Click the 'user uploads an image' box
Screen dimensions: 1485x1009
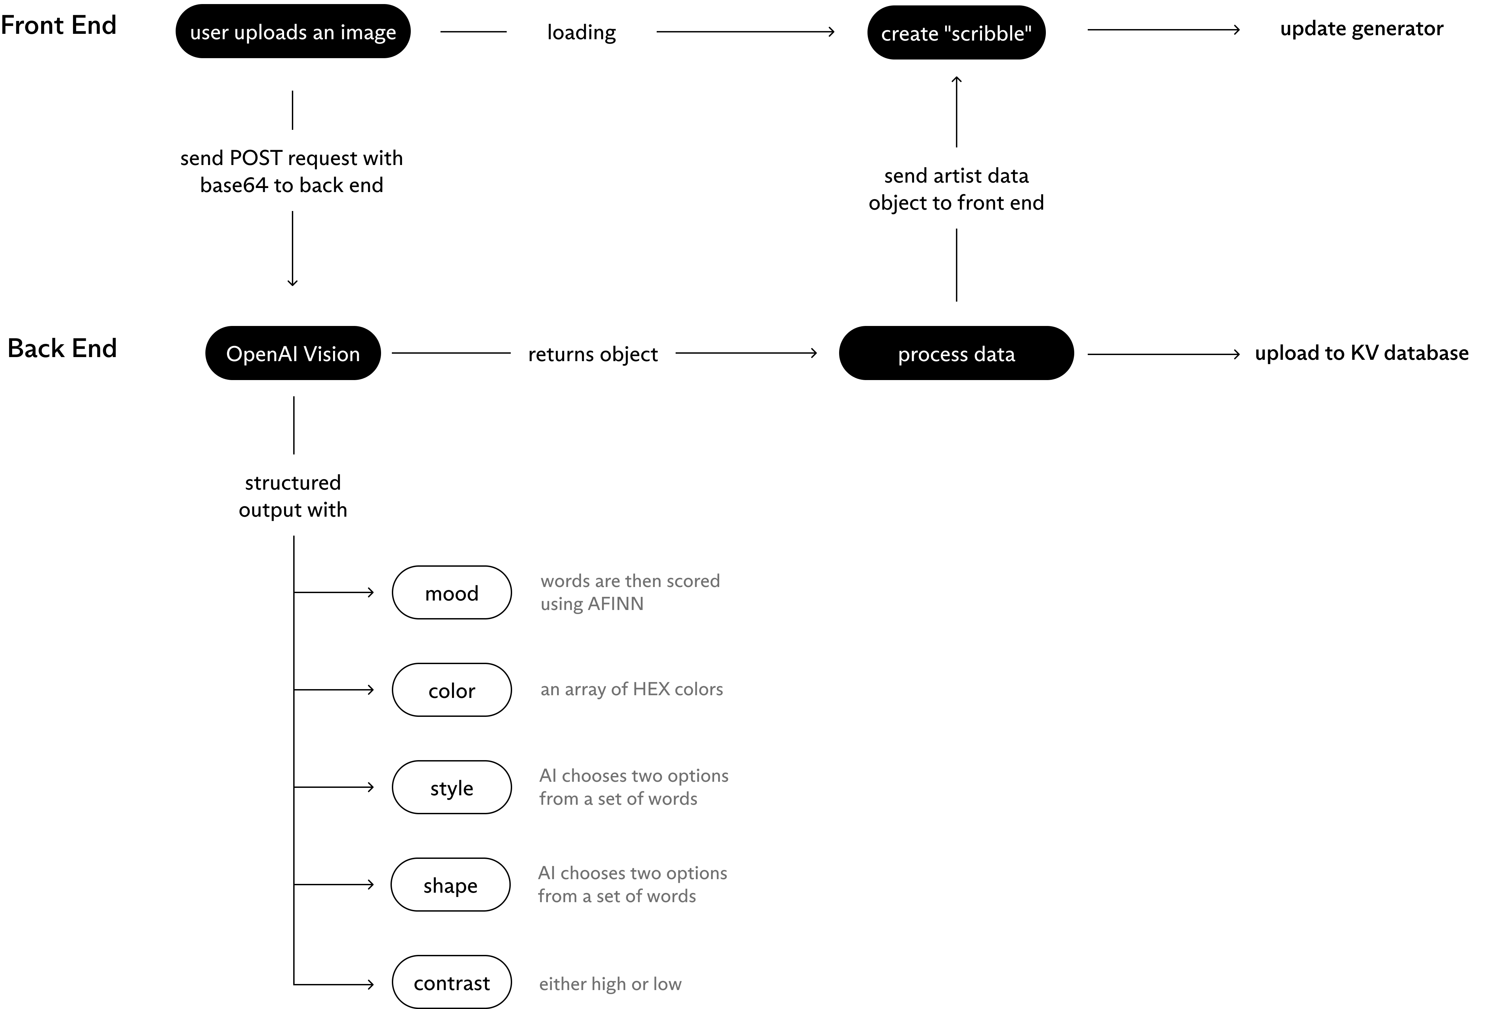(293, 31)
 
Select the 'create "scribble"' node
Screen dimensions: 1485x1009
(956, 32)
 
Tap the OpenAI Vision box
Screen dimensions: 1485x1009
(293, 353)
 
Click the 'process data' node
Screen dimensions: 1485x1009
(956, 353)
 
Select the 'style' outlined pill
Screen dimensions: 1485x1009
(452, 787)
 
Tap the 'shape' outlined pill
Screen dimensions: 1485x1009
(451, 884)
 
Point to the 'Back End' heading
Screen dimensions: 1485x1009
(62, 349)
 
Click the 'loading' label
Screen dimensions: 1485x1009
(581, 32)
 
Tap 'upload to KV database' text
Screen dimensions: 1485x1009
(1362, 353)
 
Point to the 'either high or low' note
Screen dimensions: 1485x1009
(610, 983)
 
